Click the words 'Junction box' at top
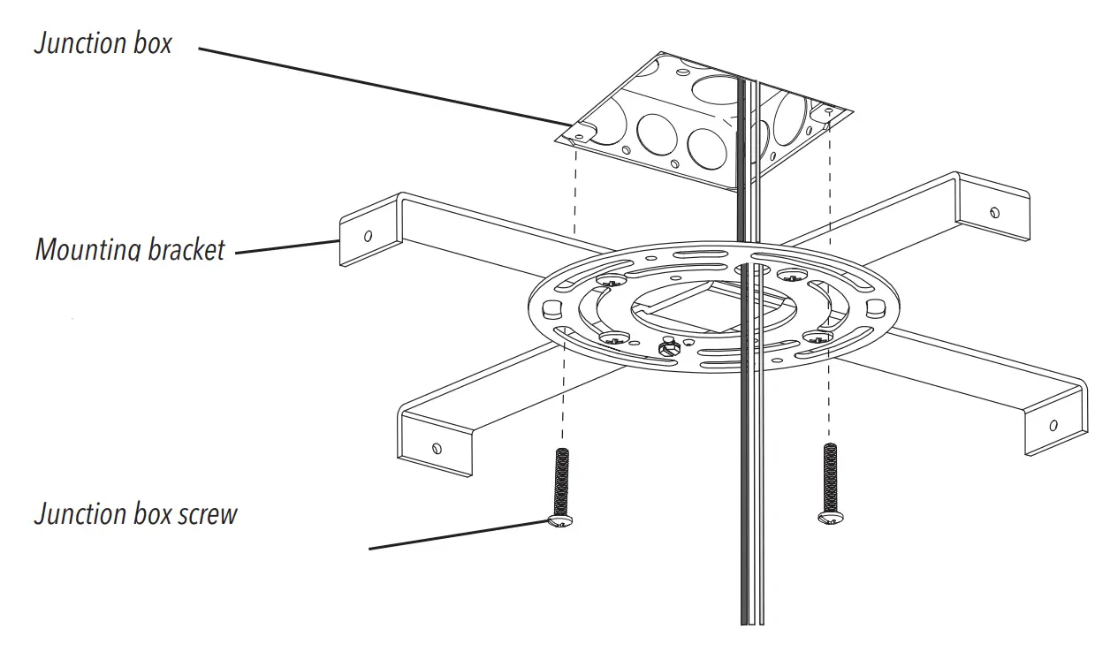point(103,43)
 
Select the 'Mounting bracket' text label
point(130,249)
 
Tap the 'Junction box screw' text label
point(135,513)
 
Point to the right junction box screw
point(829,482)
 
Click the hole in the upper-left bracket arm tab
point(368,236)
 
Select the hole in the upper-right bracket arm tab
point(995,212)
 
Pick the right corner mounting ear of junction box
point(828,112)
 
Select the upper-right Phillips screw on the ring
point(789,275)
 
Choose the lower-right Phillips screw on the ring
point(817,335)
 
